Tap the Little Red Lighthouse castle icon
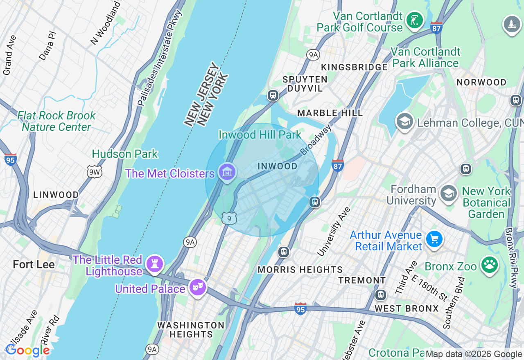point(154,263)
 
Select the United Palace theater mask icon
point(198,288)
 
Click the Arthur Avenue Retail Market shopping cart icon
point(434,239)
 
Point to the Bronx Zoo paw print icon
point(490,265)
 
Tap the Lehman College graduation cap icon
point(404,122)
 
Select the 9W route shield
point(94,172)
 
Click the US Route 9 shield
point(229,218)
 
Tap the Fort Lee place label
point(34,264)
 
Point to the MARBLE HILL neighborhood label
point(330,113)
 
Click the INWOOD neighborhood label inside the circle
point(278,166)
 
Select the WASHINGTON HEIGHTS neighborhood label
point(191,330)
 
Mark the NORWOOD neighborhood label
point(481,82)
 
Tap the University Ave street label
point(334,232)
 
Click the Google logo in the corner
point(27,350)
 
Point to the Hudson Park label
point(125,154)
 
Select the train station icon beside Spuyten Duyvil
point(273,95)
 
